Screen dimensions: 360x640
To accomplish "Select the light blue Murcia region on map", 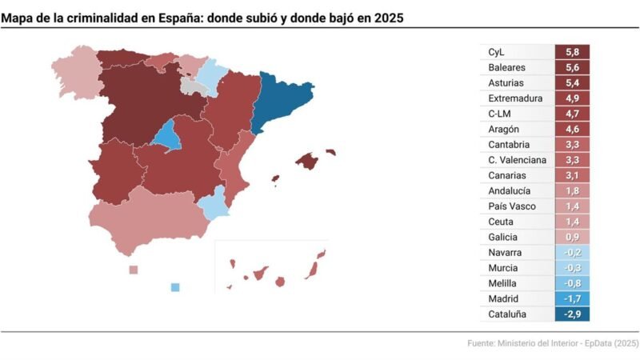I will point(214,203).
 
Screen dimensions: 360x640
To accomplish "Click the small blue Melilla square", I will point(175,287).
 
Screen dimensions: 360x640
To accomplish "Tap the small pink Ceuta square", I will point(134,270).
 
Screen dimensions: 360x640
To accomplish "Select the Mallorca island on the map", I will point(307,161).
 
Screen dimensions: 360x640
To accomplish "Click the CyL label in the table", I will point(497,52).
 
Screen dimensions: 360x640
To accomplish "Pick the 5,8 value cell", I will point(572,52).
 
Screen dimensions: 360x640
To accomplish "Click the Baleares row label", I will point(506,68).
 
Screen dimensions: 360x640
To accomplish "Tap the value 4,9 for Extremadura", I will point(572,98).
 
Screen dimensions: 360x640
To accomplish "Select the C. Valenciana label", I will point(518,160).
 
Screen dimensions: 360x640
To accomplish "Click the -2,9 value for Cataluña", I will point(572,314).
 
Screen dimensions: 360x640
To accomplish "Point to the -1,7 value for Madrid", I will point(572,298).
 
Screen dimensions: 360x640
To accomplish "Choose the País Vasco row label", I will point(511,206).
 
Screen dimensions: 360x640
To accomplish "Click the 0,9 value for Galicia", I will point(572,237).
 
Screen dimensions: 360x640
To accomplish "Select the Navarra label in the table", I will point(505,253).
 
